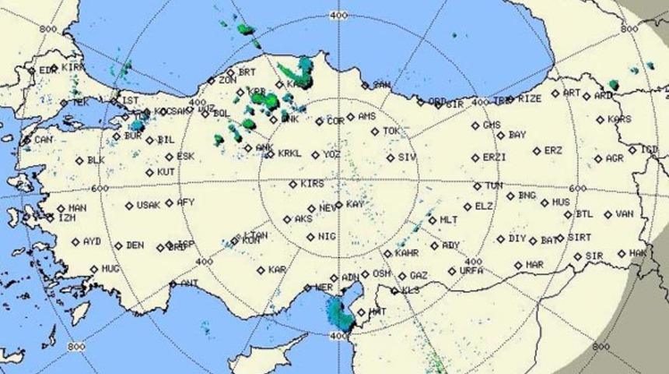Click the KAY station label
355,204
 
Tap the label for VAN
624,213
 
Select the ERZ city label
552,150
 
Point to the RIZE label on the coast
530,99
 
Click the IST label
131,101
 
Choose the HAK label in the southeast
638,253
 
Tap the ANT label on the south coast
189,284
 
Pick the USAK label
148,206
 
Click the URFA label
471,270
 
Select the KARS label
619,119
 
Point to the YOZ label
332,154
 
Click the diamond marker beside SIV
391,157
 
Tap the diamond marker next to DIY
501,238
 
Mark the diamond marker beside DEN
119,245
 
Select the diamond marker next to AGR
598,158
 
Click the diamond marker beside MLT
433,221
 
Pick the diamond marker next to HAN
61,209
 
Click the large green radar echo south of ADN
339,313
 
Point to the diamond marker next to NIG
310,236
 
